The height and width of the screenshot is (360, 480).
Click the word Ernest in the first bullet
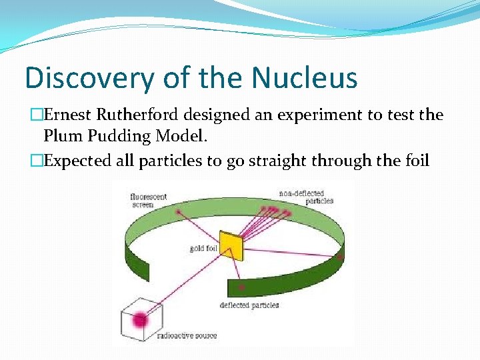click(x=79, y=115)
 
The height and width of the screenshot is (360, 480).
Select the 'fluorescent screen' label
click(x=149, y=201)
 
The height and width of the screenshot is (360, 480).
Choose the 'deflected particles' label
click(x=249, y=305)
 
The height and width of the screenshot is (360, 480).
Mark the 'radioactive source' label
click(x=187, y=335)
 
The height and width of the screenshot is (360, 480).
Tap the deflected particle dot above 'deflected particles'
click(x=241, y=286)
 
